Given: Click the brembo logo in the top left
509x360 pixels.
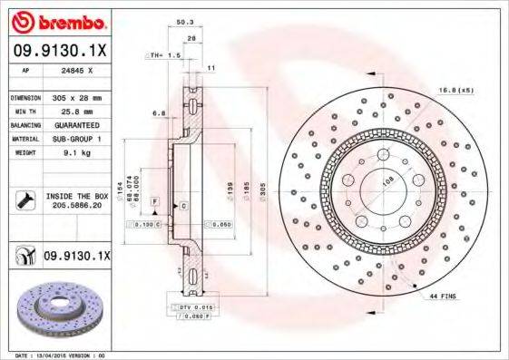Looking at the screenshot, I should pos(57,20).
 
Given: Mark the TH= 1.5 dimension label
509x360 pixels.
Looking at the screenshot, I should pos(162,56).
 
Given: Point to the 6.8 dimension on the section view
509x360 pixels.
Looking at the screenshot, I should pos(158,113).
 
